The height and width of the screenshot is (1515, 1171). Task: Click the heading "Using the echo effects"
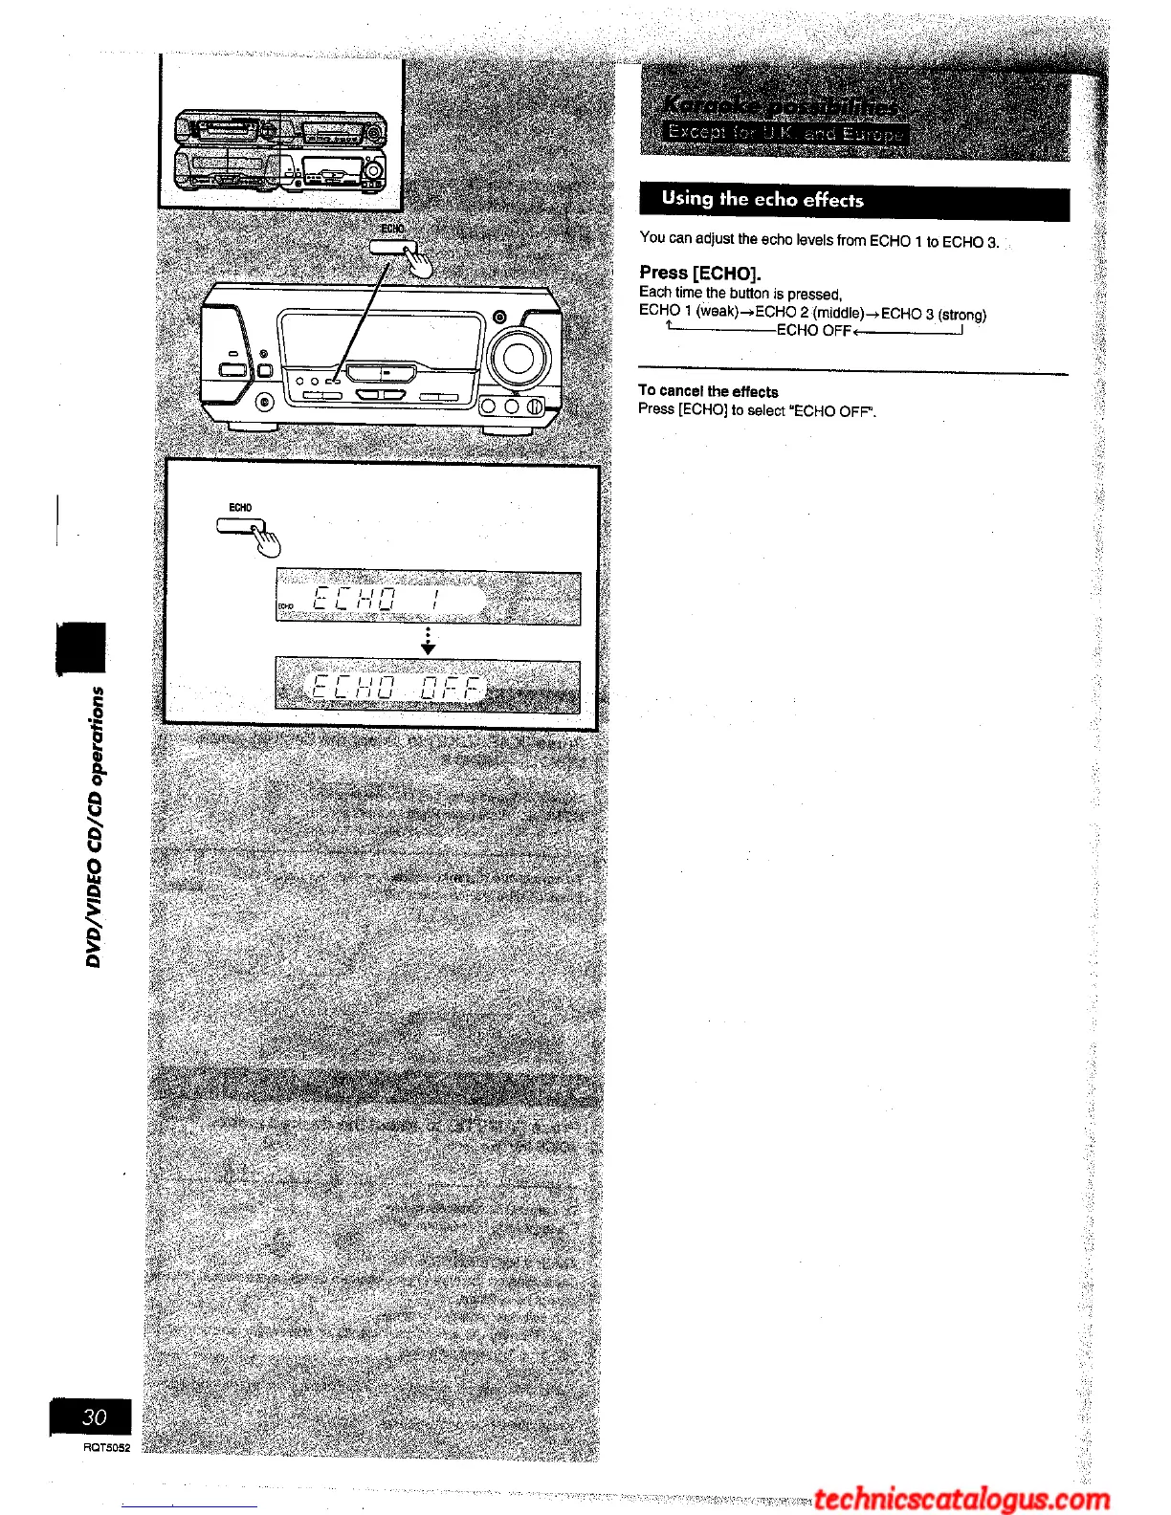[x=762, y=200]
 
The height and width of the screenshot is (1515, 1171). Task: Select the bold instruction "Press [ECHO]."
[x=700, y=273]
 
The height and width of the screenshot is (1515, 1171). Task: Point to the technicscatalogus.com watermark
[x=961, y=1499]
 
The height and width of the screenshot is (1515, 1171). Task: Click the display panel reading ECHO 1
[x=428, y=599]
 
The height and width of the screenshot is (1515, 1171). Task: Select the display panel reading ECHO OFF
[x=428, y=686]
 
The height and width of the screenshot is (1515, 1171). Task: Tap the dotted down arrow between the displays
[x=428, y=642]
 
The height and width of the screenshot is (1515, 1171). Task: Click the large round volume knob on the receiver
[x=518, y=357]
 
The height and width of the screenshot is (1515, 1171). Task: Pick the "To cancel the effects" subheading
[x=708, y=391]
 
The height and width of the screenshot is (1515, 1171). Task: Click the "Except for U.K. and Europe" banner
[x=784, y=133]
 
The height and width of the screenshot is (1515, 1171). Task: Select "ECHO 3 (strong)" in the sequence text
[x=934, y=314]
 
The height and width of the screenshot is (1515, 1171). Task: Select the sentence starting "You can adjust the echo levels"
[x=819, y=241]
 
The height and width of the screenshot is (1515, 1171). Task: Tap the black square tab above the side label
[x=81, y=647]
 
